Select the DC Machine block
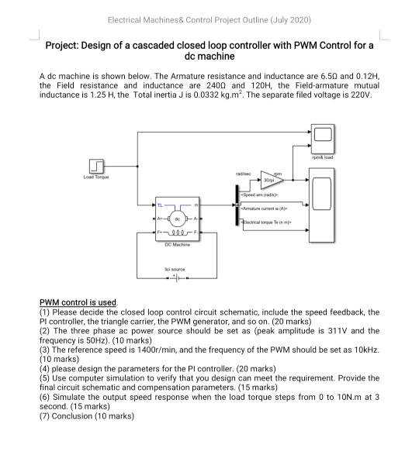click(x=176, y=219)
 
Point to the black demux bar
click(x=235, y=208)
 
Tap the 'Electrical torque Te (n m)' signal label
click(x=272, y=222)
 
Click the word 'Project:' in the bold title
click(x=65, y=46)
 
